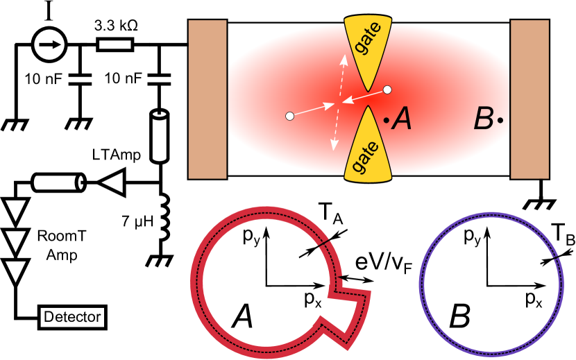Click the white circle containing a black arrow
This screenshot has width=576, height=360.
pyautogui.click(x=49, y=45)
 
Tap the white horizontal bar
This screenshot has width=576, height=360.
pyautogui.click(x=115, y=45)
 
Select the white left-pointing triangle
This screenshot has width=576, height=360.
pyautogui.click(x=114, y=182)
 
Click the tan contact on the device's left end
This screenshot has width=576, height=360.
pyautogui.click(x=207, y=99)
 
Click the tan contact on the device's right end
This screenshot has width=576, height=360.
pyautogui.click(x=530, y=99)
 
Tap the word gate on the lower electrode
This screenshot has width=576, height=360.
pyautogui.click(x=366, y=157)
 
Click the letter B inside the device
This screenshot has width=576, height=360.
pyautogui.click(x=483, y=120)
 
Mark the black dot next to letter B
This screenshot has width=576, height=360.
pyautogui.click(x=500, y=121)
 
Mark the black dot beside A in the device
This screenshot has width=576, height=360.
pyautogui.click(x=386, y=121)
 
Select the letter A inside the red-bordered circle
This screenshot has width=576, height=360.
pyautogui.click(x=242, y=318)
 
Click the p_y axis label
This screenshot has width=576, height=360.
pyautogui.click(x=251, y=237)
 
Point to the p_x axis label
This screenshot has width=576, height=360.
pyautogui.click(x=312, y=299)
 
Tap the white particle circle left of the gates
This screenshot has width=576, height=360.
pyautogui.click(x=289, y=116)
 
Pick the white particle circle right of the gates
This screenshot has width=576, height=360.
pyautogui.click(x=387, y=89)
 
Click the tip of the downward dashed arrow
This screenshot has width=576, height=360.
pyautogui.click(x=334, y=148)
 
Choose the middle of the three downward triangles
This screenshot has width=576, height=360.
pyautogui.click(x=15, y=241)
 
